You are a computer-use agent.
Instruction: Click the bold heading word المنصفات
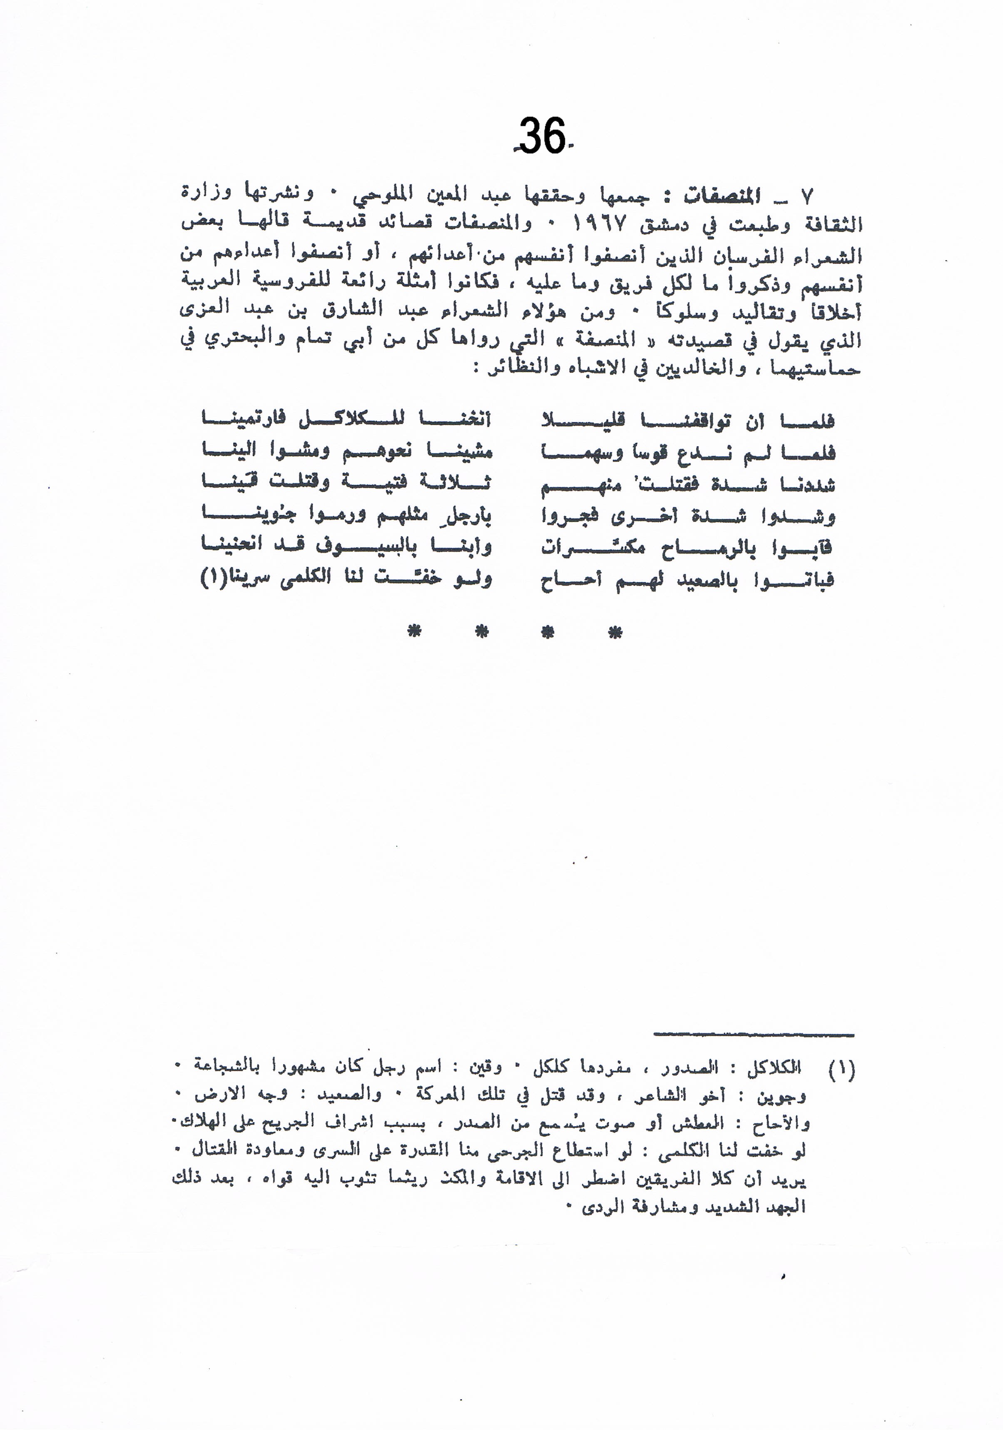point(722,197)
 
